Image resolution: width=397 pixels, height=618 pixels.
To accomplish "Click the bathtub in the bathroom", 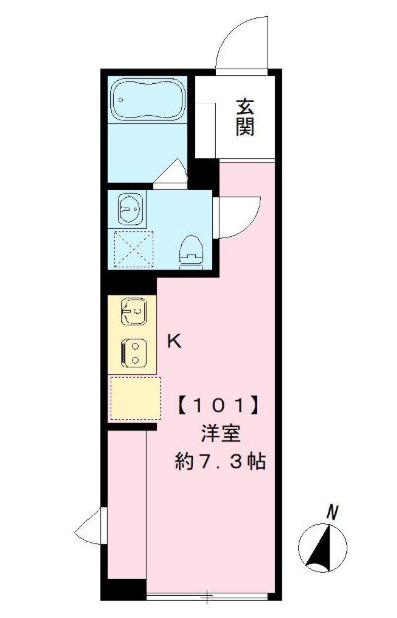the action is (148, 100).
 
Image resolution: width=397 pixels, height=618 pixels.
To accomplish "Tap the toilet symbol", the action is (191, 252).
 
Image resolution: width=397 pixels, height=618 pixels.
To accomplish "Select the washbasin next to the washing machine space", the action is (130, 209).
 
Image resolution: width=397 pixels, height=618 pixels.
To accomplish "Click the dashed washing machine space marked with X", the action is (133, 249).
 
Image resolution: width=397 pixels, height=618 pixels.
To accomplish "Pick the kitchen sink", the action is (134, 311).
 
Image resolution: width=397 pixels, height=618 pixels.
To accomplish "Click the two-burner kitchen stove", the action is (134, 353).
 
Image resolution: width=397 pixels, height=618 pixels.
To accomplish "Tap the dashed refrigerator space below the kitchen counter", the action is (135, 398).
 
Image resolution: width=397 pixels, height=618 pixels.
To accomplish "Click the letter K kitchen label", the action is (174, 341).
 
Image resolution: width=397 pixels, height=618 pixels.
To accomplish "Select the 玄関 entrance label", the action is (245, 117).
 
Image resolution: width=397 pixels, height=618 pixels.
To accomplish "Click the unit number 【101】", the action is (219, 406).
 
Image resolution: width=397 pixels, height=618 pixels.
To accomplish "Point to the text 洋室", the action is (220, 434).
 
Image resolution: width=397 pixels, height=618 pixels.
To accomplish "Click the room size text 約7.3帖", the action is (220, 461).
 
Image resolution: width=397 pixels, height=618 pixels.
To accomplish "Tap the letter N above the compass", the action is (333, 513).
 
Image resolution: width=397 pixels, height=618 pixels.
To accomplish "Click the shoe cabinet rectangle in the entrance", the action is (205, 130).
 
